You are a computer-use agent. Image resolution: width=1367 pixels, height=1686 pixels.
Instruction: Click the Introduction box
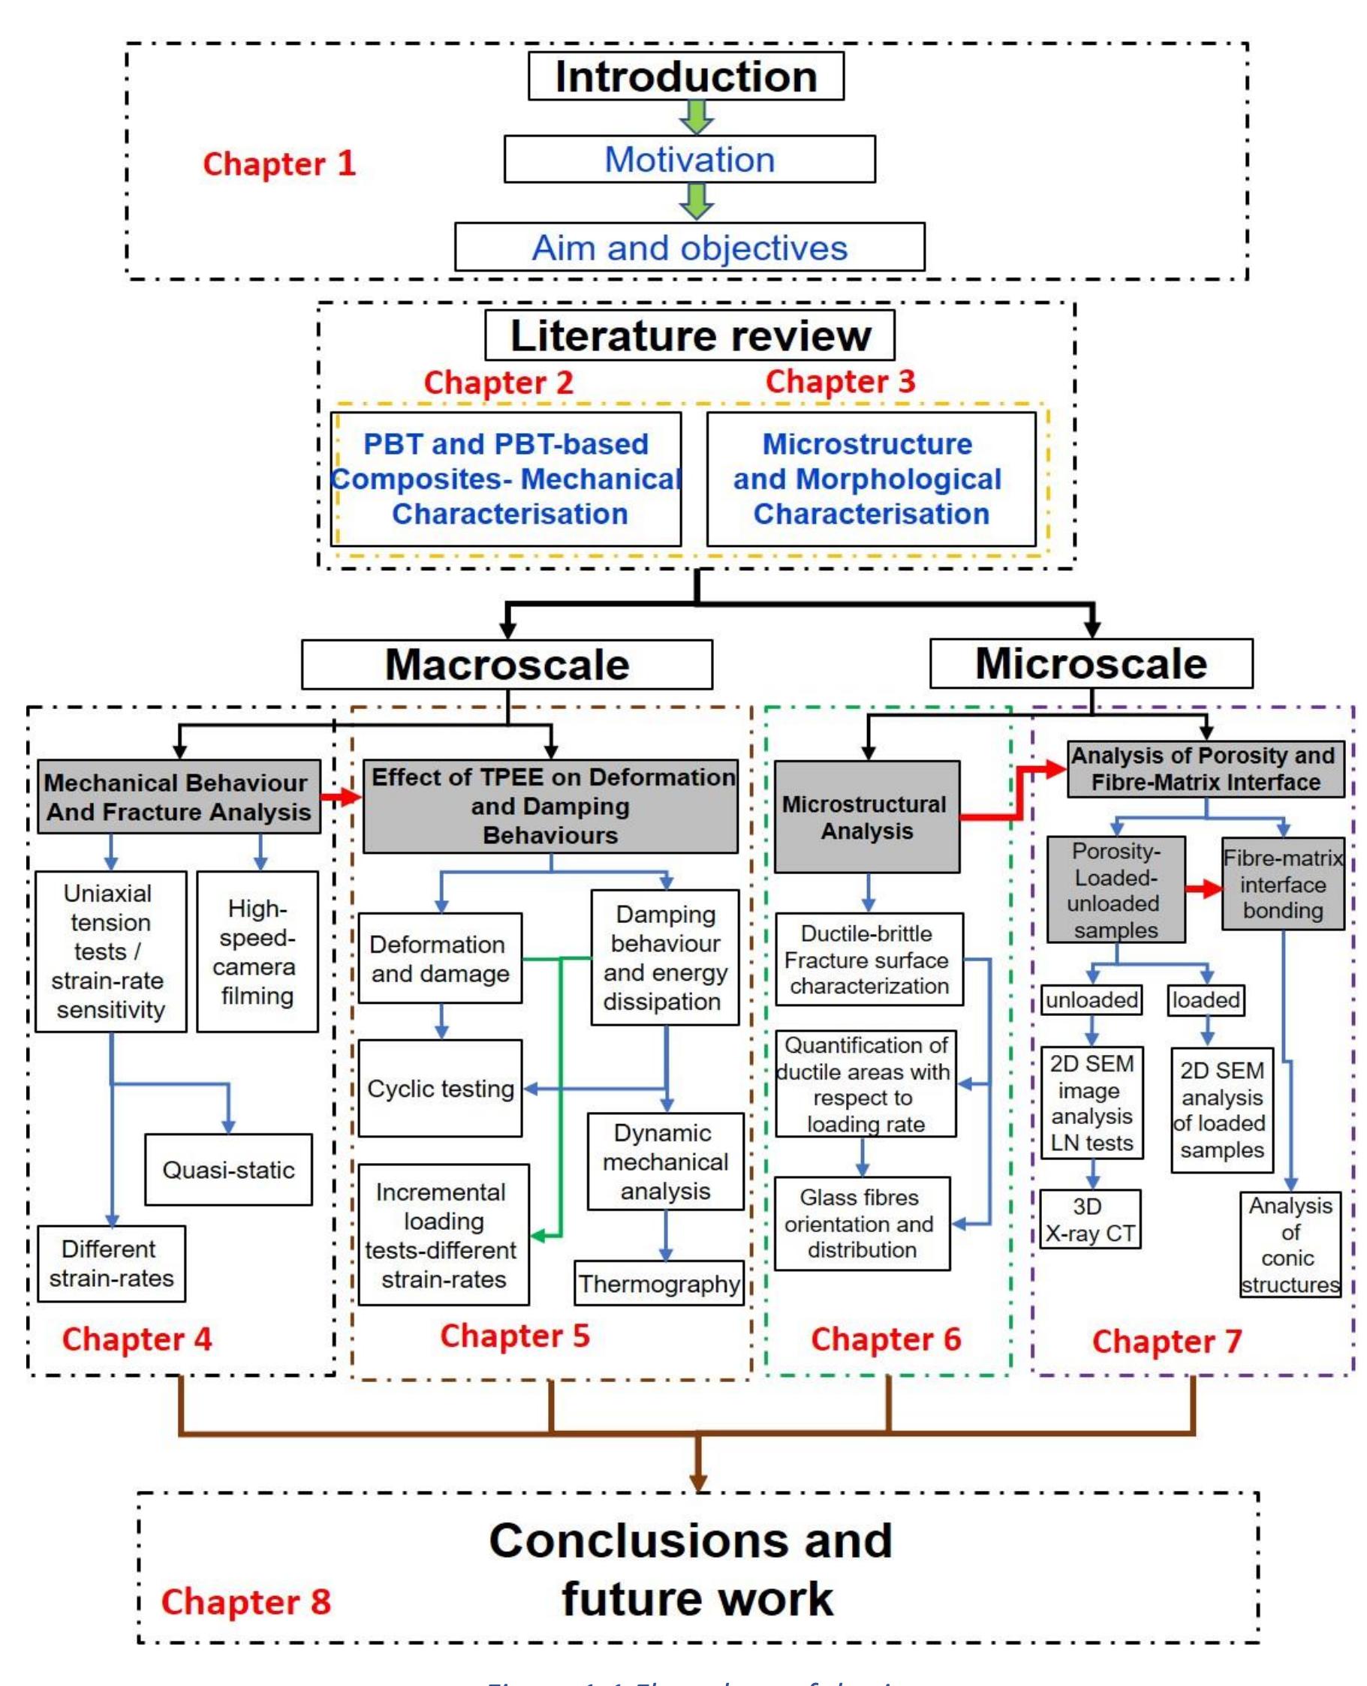pyautogui.click(x=686, y=77)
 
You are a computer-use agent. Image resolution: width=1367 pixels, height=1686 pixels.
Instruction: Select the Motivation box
pyautogui.click(x=689, y=159)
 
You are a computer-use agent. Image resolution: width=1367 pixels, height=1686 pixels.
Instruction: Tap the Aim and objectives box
pyautogui.click(x=689, y=247)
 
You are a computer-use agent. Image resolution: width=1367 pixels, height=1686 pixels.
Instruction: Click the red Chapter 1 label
pyautogui.click(x=279, y=163)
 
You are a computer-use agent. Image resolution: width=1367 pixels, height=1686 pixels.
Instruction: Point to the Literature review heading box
pyautogui.click(x=690, y=335)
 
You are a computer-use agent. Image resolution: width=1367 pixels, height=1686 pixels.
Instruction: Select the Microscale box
pyautogui.click(x=1091, y=663)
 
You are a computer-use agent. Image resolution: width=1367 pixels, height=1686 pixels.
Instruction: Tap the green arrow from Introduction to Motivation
pyautogui.click(x=697, y=117)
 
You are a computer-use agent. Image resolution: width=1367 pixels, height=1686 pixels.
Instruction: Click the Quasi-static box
pyautogui.click(x=228, y=1169)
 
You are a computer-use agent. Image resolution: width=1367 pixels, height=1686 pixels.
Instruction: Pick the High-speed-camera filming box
pyautogui.click(x=257, y=951)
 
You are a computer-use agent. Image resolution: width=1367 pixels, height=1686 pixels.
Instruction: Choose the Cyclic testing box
pyautogui.click(x=440, y=1088)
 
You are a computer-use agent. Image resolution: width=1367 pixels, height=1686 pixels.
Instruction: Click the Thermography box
pyautogui.click(x=659, y=1283)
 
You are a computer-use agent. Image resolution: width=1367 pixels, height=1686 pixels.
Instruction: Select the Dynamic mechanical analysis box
pyautogui.click(x=665, y=1161)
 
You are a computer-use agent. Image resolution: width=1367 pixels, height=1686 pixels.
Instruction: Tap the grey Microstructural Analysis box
pyautogui.click(x=866, y=816)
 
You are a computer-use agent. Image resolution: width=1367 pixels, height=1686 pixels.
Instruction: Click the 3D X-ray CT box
pyautogui.click(x=1090, y=1219)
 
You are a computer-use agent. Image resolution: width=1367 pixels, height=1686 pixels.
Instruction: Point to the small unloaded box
pyautogui.click(x=1091, y=999)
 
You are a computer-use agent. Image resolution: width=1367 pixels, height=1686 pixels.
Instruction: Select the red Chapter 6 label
pyautogui.click(x=886, y=1339)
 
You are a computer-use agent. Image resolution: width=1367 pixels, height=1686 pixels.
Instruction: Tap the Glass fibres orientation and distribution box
pyautogui.click(x=862, y=1223)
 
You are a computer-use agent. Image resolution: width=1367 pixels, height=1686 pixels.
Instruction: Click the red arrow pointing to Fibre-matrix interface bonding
pyautogui.click(x=1204, y=888)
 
